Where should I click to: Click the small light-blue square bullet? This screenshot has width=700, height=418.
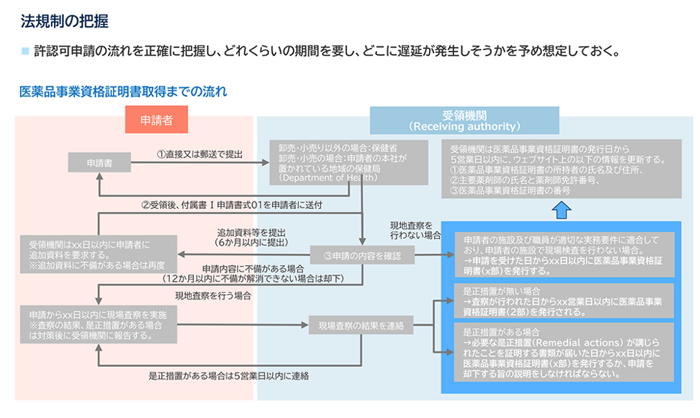click(x=25, y=52)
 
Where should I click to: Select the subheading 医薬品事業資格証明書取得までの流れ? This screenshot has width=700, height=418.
click(x=123, y=92)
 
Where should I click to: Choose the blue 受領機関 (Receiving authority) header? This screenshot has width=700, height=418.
click(x=465, y=120)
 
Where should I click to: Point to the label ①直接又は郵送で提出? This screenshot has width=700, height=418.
click(x=199, y=154)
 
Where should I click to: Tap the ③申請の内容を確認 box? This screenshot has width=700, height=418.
click(x=361, y=256)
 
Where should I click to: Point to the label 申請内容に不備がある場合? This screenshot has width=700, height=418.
click(x=253, y=268)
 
